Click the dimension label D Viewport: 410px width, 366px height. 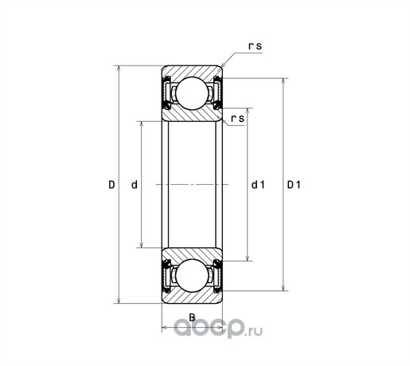111,184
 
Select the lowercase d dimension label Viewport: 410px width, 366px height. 135,184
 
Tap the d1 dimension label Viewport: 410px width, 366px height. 258,184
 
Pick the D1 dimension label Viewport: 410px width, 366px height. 294,184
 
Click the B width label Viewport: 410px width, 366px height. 192,317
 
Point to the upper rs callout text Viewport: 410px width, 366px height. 255,46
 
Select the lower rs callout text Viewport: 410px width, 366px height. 237,119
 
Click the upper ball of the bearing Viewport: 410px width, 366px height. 192,93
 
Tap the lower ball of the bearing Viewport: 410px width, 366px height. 192,275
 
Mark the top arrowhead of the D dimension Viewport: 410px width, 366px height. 119,69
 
